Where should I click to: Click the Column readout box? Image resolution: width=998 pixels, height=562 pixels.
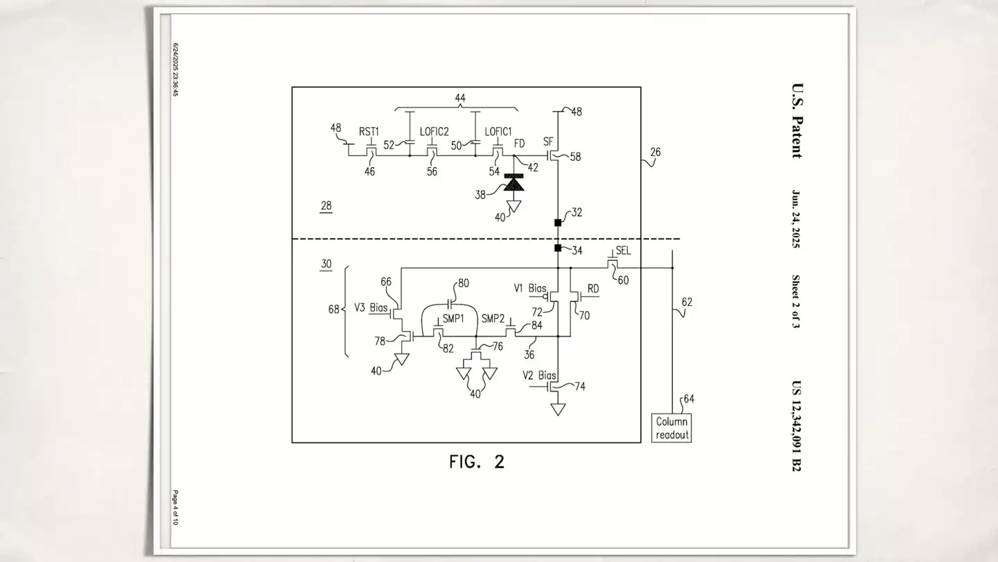tap(672, 428)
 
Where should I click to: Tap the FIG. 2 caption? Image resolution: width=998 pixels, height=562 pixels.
tap(477, 461)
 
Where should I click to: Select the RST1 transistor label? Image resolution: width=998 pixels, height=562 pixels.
tap(369, 131)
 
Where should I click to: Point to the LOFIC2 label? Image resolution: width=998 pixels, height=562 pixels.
tap(435, 131)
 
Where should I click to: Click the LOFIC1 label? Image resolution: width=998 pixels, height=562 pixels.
tap(498, 131)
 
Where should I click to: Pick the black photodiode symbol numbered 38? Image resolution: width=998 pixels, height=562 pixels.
tap(514, 183)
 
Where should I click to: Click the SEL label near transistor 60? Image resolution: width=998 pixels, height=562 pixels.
tap(623, 250)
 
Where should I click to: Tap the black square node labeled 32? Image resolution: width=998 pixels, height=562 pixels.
tap(557, 223)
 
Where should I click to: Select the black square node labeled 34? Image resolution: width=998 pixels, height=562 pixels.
tap(557, 248)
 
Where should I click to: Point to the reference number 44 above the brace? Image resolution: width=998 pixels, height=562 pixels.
tap(460, 99)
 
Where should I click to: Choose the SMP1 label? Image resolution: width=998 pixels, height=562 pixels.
tap(453, 318)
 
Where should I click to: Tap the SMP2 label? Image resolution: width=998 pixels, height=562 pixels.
tap(493, 318)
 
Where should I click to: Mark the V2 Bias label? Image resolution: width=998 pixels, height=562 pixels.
tap(540, 375)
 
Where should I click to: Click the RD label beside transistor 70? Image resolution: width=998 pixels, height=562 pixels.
tap(593, 289)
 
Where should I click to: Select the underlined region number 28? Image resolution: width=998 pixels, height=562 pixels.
tap(326, 205)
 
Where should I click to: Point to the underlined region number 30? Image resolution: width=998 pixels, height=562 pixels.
tap(326, 264)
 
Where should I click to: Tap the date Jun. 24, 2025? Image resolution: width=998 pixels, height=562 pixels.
tap(796, 219)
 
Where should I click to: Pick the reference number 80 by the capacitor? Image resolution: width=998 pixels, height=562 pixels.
tap(463, 283)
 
